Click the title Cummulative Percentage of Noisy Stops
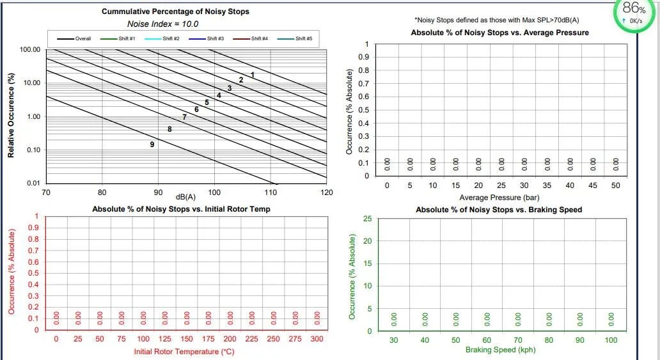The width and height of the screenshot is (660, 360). [175, 12]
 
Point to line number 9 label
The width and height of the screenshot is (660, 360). [152, 145]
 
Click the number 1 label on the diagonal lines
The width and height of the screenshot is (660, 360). [253, 75]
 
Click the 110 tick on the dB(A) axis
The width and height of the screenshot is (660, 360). [271, 192]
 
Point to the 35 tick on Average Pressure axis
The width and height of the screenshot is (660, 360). [547, 185]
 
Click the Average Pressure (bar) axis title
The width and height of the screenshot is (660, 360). [499, 198]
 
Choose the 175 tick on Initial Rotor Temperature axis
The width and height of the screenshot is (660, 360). [208, 339]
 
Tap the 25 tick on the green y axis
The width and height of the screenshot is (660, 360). [367, 219]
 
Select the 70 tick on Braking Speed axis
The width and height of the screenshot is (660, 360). [518, 340]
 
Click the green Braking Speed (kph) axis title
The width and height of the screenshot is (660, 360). [500, 350]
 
